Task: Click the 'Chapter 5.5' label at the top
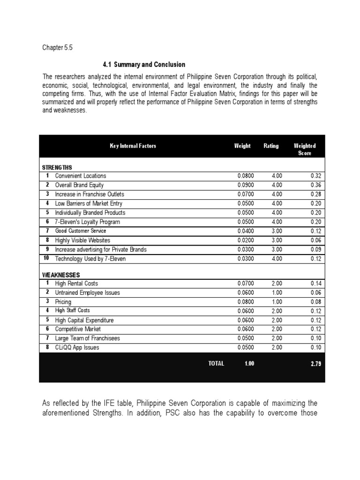click(x=58, y=48)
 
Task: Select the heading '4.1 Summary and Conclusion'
click(x=144, y=65)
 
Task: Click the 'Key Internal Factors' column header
click(x=133, y=146)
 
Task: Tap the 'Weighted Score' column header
click(x=304, y=150)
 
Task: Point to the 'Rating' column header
click(x=271, y=146)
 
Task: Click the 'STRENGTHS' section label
click(x=57, y=167)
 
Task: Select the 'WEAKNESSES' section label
click(x=61, y=275)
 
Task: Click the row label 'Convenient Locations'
click(x=81, y=176)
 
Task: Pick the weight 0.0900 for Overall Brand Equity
click(x=246, y=185)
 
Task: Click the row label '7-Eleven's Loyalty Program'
click(x=88, y=222)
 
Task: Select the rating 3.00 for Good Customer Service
click(x=277, y=231)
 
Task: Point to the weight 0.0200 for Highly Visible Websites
click(x=246, y=240)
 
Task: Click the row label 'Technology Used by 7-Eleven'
click(x=90, y=259)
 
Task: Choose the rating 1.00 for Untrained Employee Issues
click(x=277, y=292)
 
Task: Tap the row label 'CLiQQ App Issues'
click(x=77, y=348)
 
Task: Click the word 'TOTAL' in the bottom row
click(x=216, y=363)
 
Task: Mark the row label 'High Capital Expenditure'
click(x=84, y=320)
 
